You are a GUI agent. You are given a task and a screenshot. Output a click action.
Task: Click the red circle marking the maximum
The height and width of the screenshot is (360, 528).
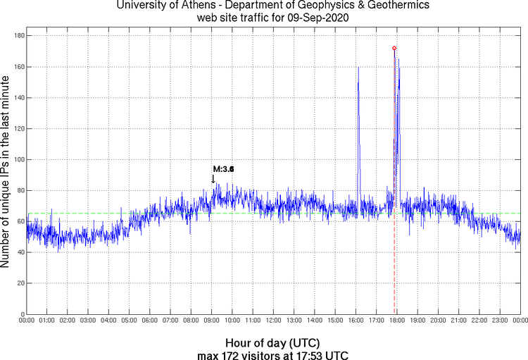[394, 48]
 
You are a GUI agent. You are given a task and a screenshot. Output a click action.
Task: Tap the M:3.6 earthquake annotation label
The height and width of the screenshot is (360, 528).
[223, 169]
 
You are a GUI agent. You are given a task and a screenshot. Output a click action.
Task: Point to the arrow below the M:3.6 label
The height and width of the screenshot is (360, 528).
[213, 179]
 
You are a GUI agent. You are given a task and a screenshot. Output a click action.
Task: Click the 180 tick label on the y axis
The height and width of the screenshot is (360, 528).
[19, 35]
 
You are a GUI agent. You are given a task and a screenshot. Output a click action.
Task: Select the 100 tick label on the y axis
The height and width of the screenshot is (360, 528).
[19, 159]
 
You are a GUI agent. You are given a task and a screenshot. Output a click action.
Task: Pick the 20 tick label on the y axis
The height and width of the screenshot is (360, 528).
[20, 283]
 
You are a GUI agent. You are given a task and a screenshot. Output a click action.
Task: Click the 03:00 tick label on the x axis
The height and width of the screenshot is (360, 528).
[89, 321]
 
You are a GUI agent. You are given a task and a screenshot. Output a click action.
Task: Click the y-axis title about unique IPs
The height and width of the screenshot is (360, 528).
[6, 173]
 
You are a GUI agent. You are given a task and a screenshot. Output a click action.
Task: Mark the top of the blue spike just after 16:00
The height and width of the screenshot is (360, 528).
[358, 68]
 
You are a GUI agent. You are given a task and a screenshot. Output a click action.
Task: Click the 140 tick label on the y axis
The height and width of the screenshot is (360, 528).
[19, 97]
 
